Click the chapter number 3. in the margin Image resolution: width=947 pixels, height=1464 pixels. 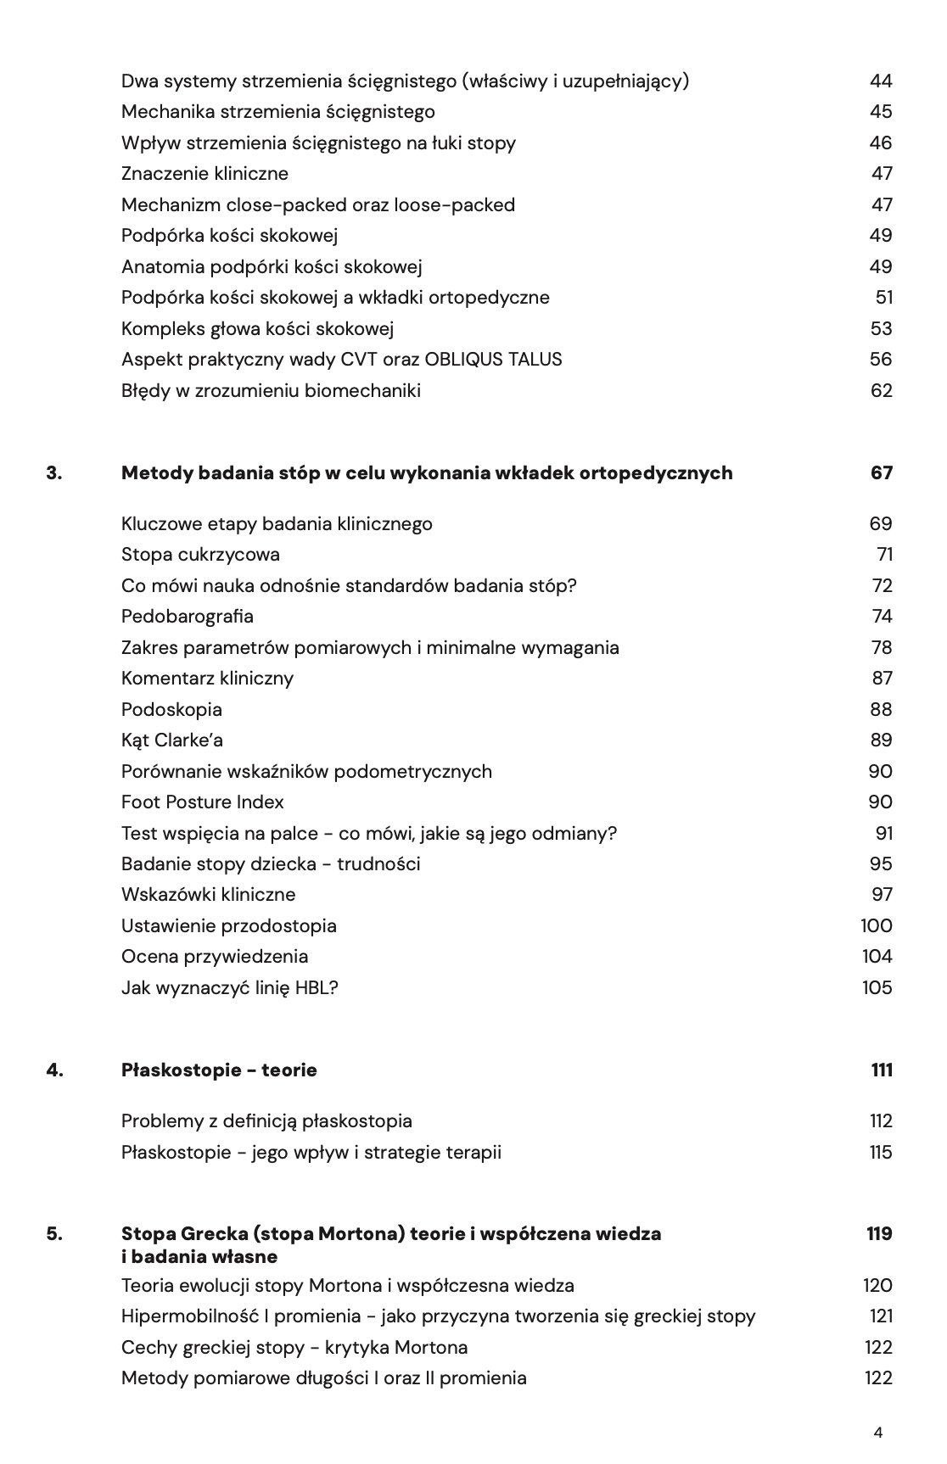pos(54,472)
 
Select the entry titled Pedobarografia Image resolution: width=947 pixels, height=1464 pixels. pos(188,617)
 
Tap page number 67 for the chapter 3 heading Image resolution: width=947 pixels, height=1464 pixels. pos(881,472)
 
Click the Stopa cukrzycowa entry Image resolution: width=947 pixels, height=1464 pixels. pos(200,555)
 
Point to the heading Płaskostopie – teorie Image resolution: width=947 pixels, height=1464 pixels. pos(219,1070)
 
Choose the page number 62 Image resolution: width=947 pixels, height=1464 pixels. pos(881,391)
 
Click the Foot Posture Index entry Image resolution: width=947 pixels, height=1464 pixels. pos(203,802)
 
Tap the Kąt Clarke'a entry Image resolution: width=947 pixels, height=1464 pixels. pos(172,740)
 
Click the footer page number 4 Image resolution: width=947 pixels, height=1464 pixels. pos(877,1433)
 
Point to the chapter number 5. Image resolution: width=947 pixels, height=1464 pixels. pos(54,1233)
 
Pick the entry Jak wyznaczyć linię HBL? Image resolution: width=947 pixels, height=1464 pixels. pos(230,987)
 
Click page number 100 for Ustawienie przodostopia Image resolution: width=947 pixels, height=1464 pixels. pos(877,925)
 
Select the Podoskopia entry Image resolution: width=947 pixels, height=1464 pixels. pos(171,709)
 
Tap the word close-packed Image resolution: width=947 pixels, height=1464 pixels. pos(275,205)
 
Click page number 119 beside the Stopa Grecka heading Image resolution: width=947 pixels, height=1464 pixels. pos(879,1233)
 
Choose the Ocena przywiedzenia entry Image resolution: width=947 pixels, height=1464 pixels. pos(215,957)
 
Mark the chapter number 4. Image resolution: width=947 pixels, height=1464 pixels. pos(54,1070)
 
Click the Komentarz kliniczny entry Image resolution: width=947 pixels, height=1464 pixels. pos(207,679)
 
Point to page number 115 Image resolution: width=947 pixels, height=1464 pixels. pos(881,1152)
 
